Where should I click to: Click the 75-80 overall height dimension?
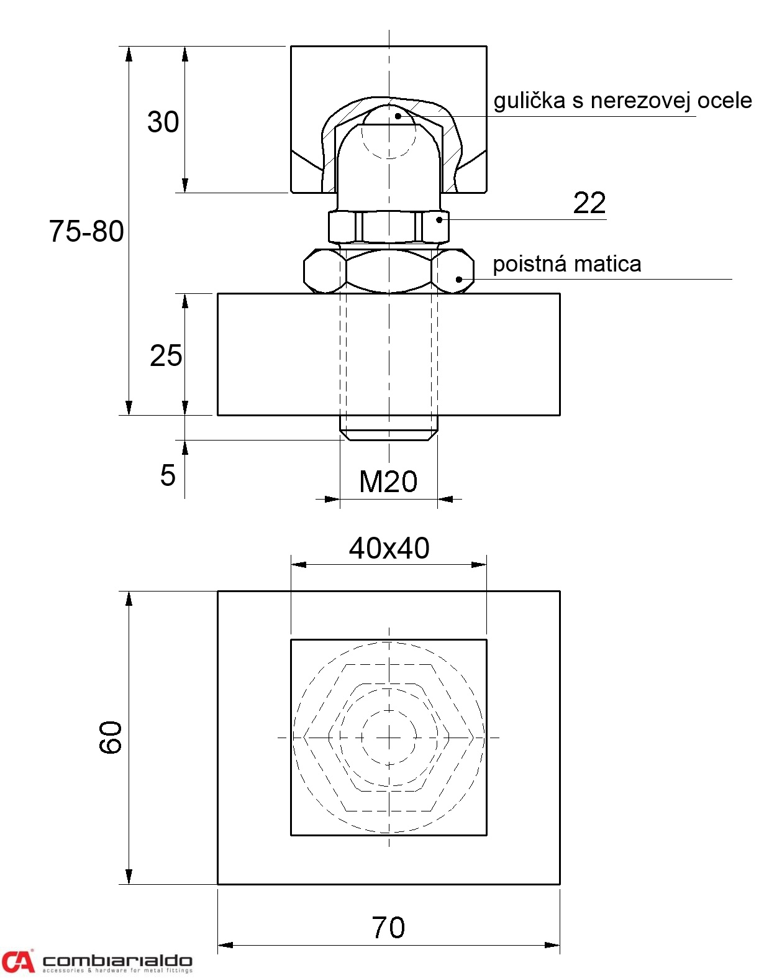tap(86, 231)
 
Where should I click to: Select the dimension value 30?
tap(163, 122)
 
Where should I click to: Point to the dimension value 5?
tap(168, 475)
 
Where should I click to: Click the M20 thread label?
tap(388, 482)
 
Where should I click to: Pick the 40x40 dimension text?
tap(389, 548)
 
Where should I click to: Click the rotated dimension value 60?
tap(111, 737)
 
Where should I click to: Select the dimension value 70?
tap(388, 928)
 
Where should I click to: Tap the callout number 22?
tap(589, 203)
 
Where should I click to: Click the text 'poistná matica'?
tap(566, 264)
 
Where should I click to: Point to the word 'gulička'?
tap(529, 101)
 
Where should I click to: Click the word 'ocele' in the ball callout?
tap(724, 101)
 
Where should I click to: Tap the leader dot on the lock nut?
tap(459, 280)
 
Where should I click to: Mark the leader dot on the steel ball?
tap(398, 116)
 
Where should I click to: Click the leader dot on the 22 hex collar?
tap(439, 220)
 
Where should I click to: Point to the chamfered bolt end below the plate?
tap(389, 428)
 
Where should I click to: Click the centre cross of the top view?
tap(389, 737)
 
